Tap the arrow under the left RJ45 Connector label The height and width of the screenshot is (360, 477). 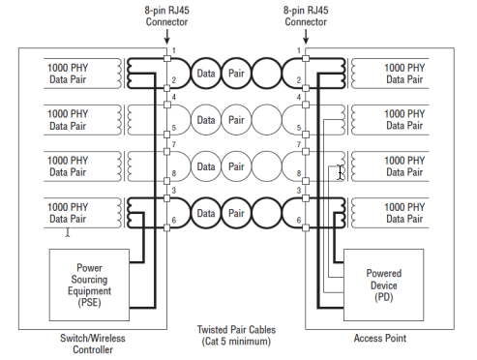166,37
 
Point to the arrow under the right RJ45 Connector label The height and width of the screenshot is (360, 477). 306,37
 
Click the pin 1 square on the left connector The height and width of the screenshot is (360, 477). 167,58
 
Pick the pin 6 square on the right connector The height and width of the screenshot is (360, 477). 306,227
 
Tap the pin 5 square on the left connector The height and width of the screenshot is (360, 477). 167,135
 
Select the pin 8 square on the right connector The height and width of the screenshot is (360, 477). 306,181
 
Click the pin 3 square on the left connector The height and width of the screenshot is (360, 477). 167,198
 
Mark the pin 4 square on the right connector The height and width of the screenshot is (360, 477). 306,105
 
